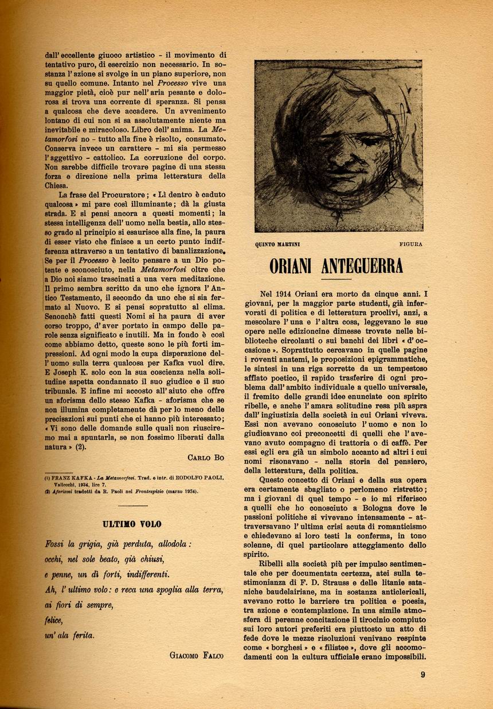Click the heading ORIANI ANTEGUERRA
[337, 267]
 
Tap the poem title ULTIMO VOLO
[132, 524]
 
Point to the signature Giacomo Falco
[197, 655]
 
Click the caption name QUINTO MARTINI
[277, 244]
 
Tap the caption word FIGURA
[410, 244]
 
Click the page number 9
[422, 675]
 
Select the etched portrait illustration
[338, 146]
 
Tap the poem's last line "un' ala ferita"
[69, 635]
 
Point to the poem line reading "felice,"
[53, 620]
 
